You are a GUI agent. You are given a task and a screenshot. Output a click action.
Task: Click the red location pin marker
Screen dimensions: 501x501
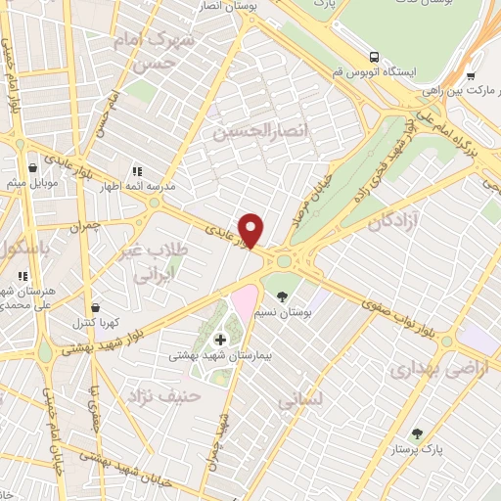(252, 230)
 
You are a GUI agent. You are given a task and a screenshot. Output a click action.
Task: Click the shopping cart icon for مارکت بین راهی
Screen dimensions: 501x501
(471, 74)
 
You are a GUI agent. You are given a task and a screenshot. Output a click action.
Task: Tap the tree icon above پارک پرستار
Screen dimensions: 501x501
(417, 433)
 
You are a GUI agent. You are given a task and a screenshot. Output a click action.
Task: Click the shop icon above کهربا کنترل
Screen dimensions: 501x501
(96, 305)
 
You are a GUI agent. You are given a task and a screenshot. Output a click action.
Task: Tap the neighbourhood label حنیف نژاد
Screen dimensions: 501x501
(163, 396)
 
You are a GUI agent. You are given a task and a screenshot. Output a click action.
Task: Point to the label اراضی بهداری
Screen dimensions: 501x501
(425, 371)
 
